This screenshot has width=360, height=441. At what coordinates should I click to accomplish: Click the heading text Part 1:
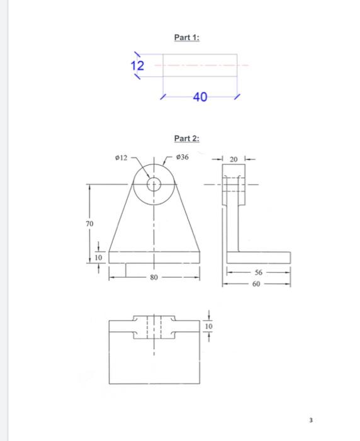click(186, 38)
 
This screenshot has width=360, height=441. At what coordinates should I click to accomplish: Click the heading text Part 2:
click(186, 139)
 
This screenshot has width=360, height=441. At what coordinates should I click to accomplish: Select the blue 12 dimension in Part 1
click(137, 66)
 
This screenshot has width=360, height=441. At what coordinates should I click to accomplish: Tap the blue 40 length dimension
click(200, 97)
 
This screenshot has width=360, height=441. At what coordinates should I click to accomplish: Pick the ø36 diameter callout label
click(183, 157)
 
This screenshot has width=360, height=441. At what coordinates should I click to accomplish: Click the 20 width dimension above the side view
click(233, 160)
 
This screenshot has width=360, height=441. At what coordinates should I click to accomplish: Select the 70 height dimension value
click(89, 224)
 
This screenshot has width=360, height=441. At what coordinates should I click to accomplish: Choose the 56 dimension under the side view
click(258, 273)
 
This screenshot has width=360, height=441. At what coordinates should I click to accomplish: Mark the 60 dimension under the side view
click(256, 284)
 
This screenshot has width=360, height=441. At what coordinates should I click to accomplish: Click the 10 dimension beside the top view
click(209, 327)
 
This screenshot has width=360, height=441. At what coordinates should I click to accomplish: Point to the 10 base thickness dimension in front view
click(98, 257)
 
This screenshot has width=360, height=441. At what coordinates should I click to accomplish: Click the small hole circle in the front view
click(154, 184)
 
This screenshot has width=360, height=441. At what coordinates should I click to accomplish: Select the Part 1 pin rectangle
click(200, 66)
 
